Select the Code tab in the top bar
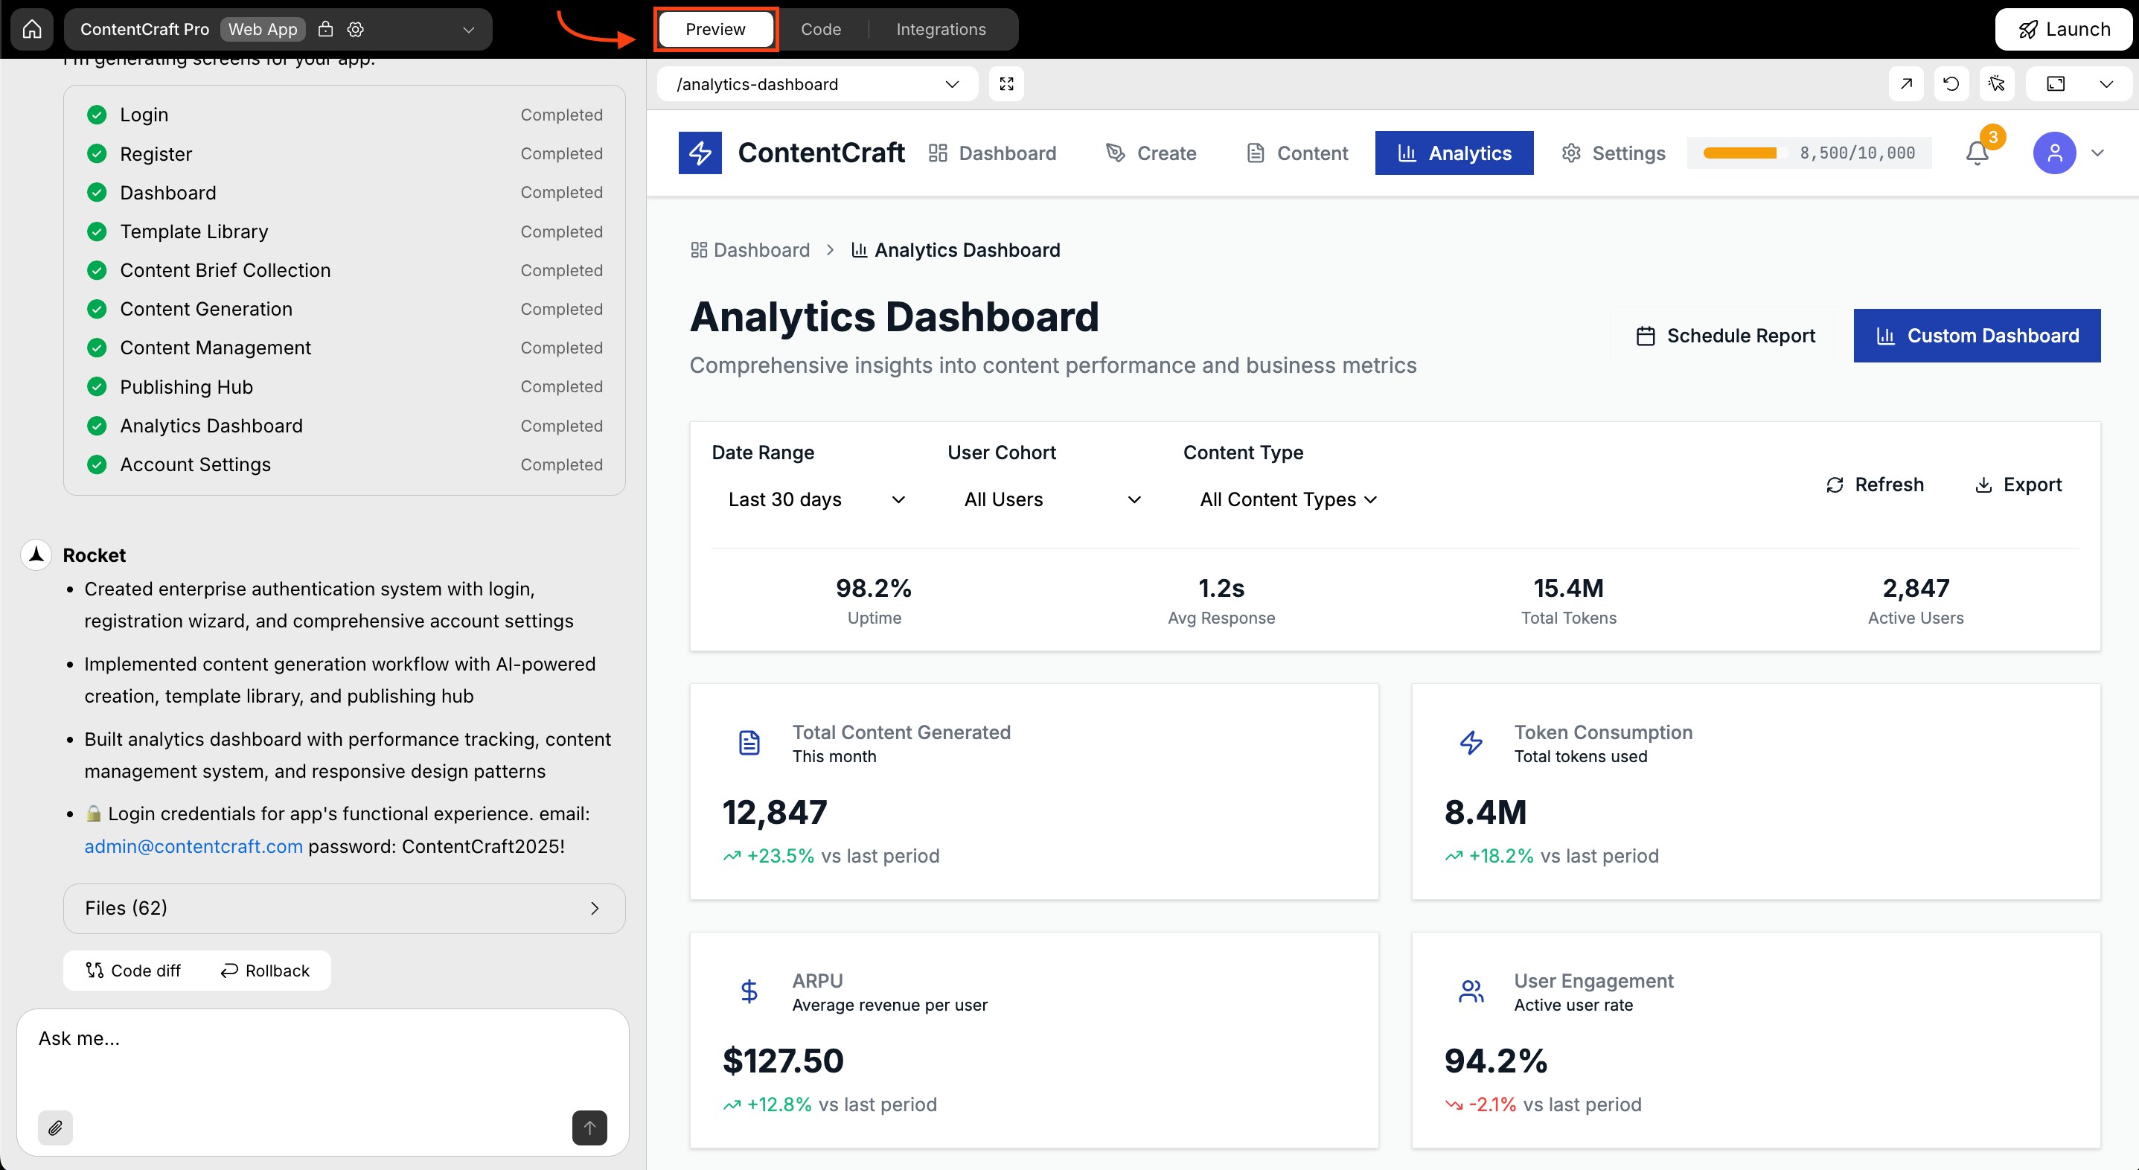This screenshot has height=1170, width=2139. point(820,29)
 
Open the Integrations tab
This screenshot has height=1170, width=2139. point(941,29)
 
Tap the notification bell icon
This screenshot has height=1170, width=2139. point(1977,153)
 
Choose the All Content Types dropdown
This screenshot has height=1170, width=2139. point(1288,499)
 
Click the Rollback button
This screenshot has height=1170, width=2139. point(265,971)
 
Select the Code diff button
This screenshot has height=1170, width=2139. point(134,971)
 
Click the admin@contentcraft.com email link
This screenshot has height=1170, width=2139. point(194,846)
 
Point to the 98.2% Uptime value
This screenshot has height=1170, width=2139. point(874,588)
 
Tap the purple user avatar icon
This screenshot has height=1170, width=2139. point(2053,153)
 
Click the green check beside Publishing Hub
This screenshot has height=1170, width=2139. point(97,387)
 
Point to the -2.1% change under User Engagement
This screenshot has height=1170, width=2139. point(1491,1105)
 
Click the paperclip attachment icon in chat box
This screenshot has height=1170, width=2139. point(56,1128)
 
